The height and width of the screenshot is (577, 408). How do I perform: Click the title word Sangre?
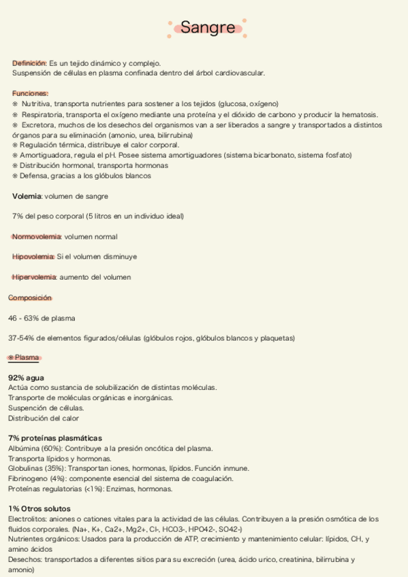tap(208, 28)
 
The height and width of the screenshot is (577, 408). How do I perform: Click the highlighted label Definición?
tap(29, 63)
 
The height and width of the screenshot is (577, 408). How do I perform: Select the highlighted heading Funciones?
tap(30, 93)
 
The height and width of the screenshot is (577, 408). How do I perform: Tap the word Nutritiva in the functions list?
tap(37, 104)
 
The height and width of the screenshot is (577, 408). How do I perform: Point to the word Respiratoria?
tap(42, 114)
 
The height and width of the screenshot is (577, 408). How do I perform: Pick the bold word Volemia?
tap(27, 196)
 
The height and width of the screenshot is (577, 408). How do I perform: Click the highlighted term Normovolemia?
tap(37, 237)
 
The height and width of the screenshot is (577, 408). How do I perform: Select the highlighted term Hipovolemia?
tap(33, 257)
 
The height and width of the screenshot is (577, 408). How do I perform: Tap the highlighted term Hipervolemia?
tap(35, 277)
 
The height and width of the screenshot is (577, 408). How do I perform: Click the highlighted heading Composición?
tap(30, 297)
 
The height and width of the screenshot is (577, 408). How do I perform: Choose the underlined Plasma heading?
tap(27, 357)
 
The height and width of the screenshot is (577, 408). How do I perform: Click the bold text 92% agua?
tap(27, 377)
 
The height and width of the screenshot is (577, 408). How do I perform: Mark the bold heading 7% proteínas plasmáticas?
tap(55, 438)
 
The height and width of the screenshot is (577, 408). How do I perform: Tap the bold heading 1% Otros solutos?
tap(40, 508)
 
